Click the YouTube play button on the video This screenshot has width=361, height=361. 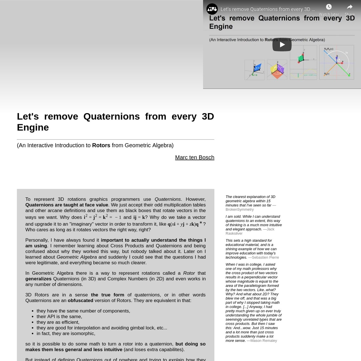[282, 45]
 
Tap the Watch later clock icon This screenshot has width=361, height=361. [329, 7]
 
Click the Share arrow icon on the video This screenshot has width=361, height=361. [349, 7]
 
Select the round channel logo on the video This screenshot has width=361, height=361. [212, 9]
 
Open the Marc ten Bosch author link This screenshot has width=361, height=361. [195, 157]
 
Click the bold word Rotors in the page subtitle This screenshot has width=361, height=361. [101, 145]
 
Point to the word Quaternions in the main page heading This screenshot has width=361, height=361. [111, 116]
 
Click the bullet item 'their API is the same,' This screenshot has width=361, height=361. [59, 316]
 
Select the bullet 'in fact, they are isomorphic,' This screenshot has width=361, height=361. [66, 333]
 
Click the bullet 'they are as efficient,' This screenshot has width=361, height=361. [58, 322]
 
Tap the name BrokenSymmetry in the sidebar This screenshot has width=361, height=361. [240, 209]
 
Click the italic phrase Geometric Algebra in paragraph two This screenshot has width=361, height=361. [77, 257]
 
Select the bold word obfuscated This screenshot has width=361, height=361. [80, 301]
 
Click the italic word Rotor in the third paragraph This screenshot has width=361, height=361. [189, 273]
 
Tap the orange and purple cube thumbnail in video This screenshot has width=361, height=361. [277, 70]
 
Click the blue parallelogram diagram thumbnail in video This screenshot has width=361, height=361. [255, 70]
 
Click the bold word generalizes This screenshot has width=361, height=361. [39, 279]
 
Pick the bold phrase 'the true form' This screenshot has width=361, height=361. [107, 295]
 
